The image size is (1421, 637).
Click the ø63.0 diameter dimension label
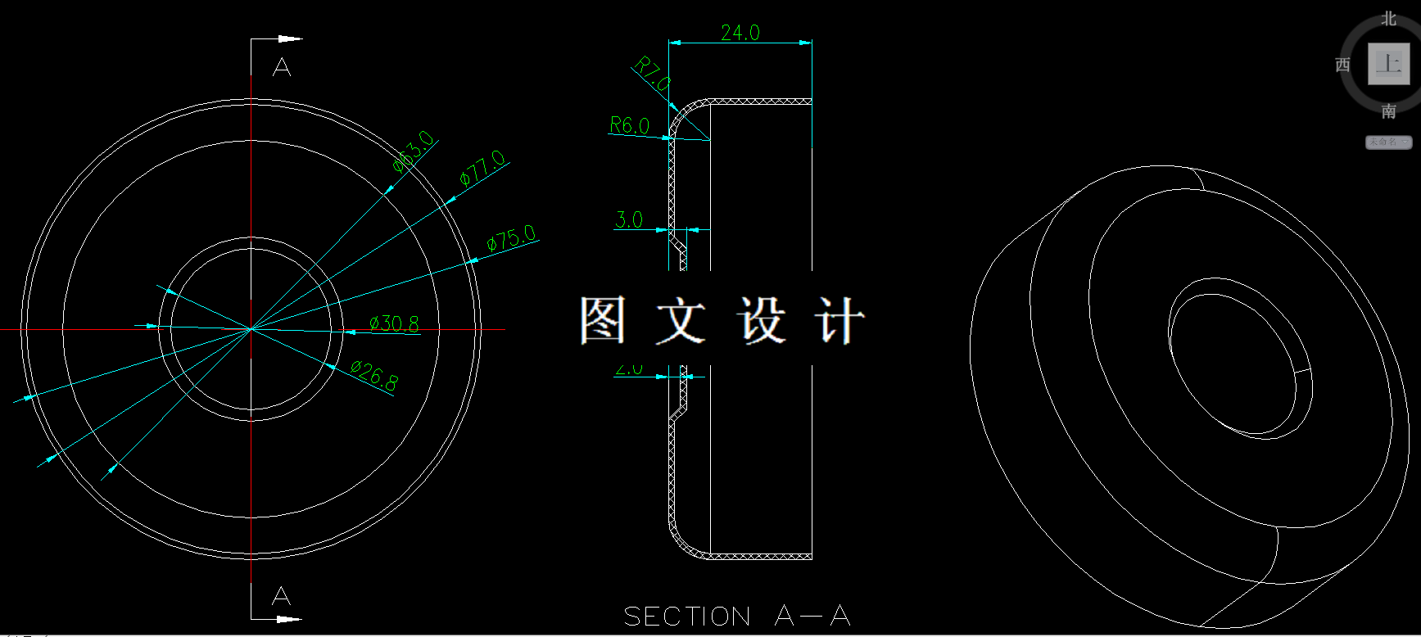tap(414, 151)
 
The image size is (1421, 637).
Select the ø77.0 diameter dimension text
tap(482, 168)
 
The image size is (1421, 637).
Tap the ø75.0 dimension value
tap(511, 238)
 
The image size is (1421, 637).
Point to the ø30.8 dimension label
tap(394, 323)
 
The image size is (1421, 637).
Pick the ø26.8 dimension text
tap(374, 376)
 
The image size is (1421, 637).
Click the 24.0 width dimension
tap(740, 33)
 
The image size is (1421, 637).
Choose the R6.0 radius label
tap(629, 125)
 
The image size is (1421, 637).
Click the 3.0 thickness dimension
tap(628, 219)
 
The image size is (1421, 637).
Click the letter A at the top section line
tap(282, 67)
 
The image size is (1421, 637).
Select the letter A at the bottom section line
tap(281, 595)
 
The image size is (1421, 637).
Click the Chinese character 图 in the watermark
tap(603, 320)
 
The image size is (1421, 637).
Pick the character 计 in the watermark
tap(838, 320)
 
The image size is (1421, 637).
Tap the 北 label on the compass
tap(1389, 18)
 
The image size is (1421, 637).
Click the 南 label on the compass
tap(1389, 111)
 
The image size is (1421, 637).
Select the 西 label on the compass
tap(1343, 65)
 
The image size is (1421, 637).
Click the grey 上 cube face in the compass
tap(1389, 64)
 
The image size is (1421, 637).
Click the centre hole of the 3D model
tap(1237, 356)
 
